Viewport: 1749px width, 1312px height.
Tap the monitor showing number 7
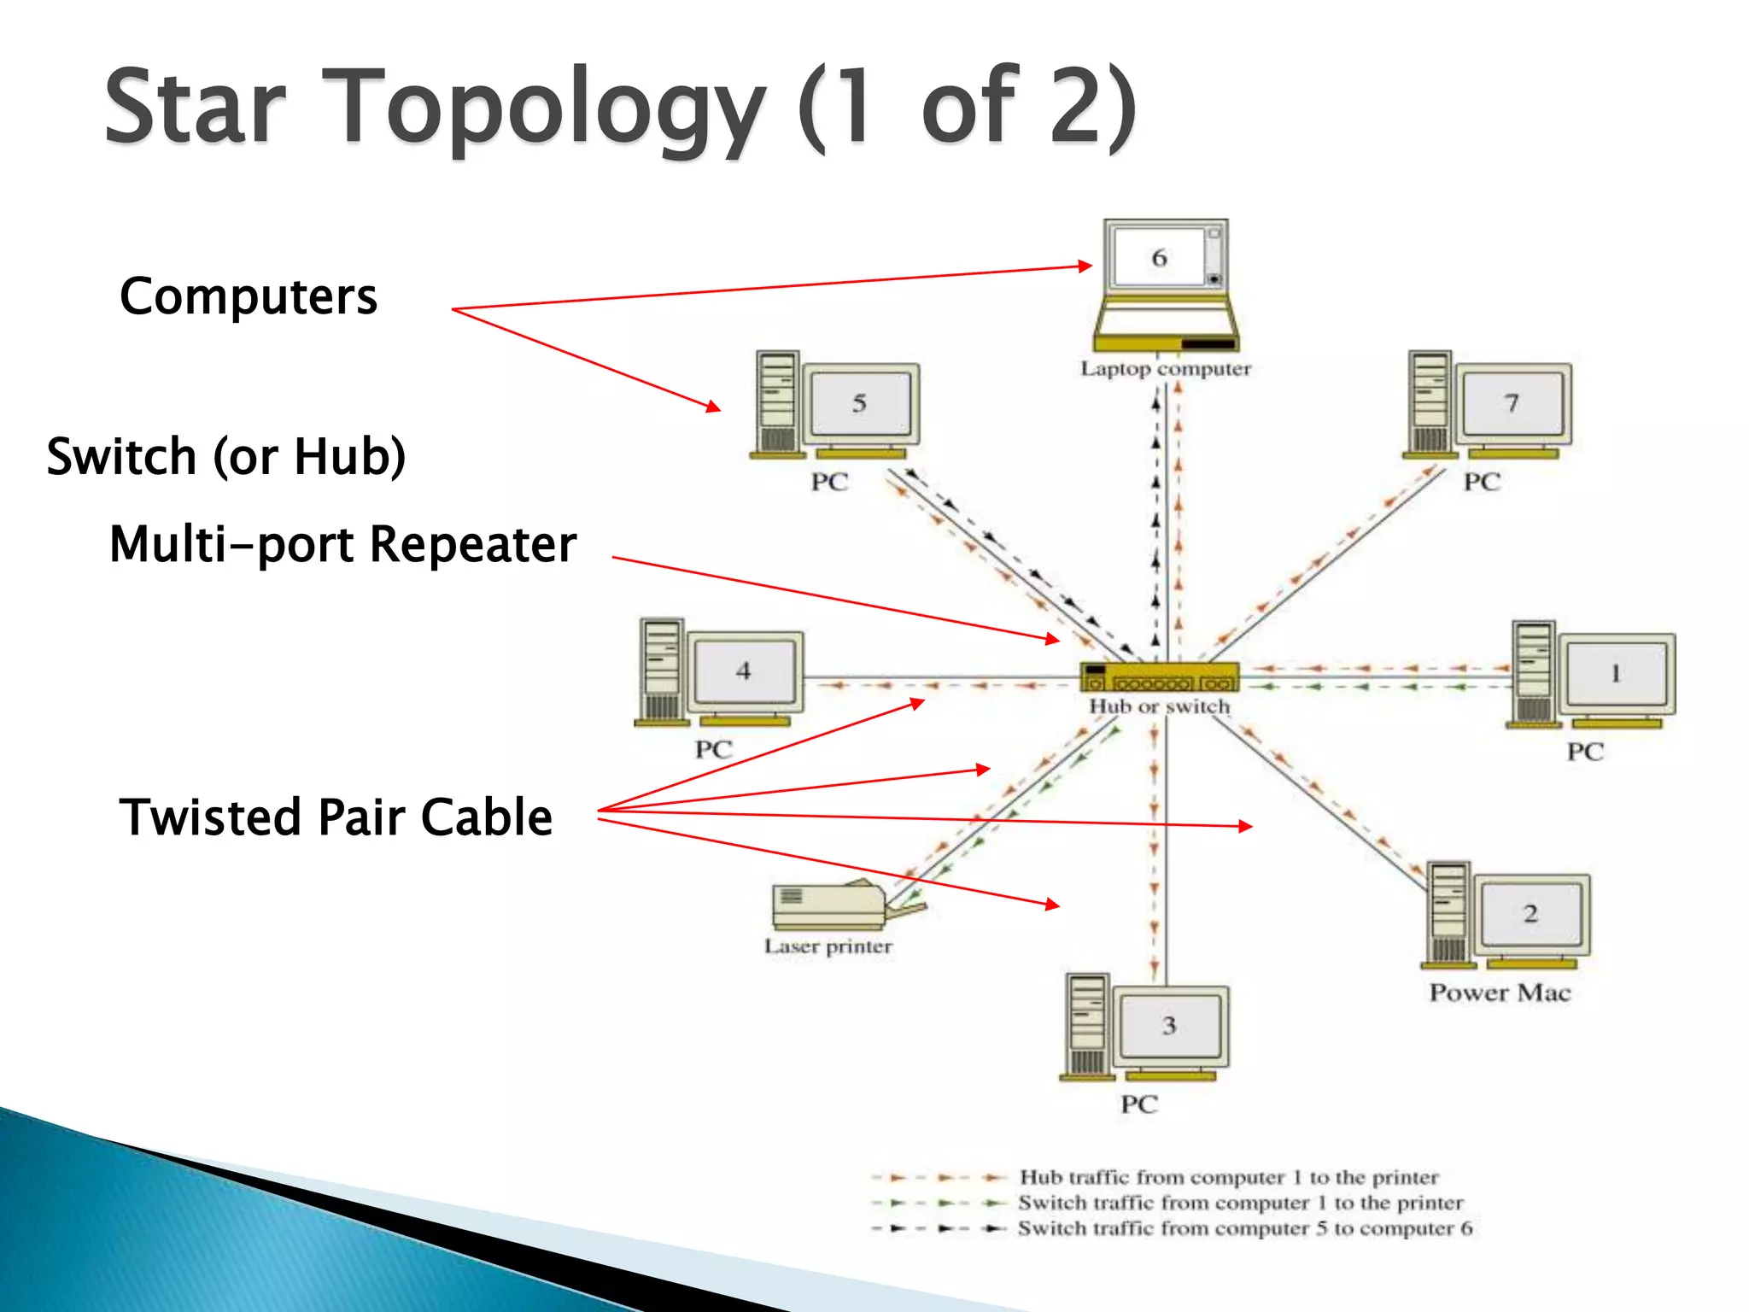[x=1512, y=403]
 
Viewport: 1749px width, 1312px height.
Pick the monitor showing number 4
[x=744, y=671]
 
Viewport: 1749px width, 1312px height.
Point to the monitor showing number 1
[x=1616, y=674]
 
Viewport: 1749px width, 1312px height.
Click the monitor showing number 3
[x=1169, y=1026]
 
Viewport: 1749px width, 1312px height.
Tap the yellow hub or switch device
[x=1159, y=676]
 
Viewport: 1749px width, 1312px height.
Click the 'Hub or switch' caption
[x=1159, y=707]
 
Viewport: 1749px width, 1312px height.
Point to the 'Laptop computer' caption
[x=1166, y=369]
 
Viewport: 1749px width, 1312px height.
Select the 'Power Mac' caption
[x=1500, y=993]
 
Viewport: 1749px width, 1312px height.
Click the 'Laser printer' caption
[x=828, y=946]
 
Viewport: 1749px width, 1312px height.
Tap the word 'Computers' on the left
[x=249, y=296]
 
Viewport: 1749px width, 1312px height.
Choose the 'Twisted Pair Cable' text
[x=336, y=817]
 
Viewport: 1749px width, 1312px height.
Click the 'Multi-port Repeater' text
[x=343, y=544]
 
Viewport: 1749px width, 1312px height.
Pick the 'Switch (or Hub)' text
[x=226, y=456]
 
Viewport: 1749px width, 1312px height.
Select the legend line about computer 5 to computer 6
[x=1244, y=1228]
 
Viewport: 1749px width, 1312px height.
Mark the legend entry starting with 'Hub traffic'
[x=1228, y=1177]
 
